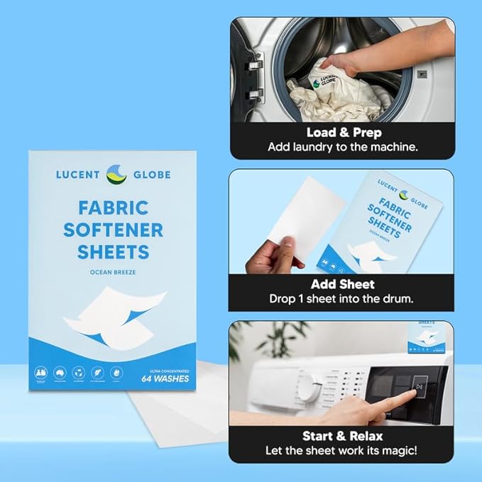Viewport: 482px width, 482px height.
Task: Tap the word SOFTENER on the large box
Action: (x=114, y=230)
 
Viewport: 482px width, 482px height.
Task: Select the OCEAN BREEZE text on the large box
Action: (x=114, y=273)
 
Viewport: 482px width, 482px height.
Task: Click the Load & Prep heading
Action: (x=344, y=132)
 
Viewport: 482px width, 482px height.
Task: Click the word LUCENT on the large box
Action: (x=80, y=174)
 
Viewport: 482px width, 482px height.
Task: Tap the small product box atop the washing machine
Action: (x=425, y=336)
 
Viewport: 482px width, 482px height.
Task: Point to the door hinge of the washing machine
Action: (x=253, y=78)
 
